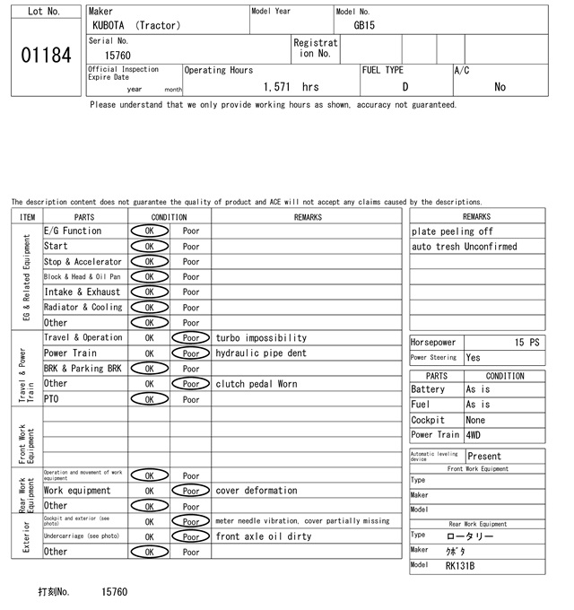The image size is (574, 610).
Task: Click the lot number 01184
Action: pos(46,56)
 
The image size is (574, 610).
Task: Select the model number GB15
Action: pos(364,26)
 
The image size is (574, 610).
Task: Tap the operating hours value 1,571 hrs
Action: pos(291,87)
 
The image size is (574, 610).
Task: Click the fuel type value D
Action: pos(405,87)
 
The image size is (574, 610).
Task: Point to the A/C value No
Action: pos(500,87)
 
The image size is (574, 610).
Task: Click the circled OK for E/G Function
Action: pos(150,231)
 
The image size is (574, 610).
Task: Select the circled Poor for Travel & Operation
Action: pos(191,338)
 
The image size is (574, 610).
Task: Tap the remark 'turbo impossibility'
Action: pos(261,338)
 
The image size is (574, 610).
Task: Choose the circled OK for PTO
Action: pos(150,399)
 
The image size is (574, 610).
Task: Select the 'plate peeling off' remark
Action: pos(452,231)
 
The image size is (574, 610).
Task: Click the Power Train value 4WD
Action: pos(474,435)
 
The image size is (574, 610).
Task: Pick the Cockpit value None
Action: pos(475,420)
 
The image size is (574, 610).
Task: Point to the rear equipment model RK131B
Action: pos(460,566)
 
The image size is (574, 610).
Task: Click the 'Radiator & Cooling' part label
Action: pos(83,308)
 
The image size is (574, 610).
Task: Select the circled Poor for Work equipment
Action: pos(191,491)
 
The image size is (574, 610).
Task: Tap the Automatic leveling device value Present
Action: pos(485,457)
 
